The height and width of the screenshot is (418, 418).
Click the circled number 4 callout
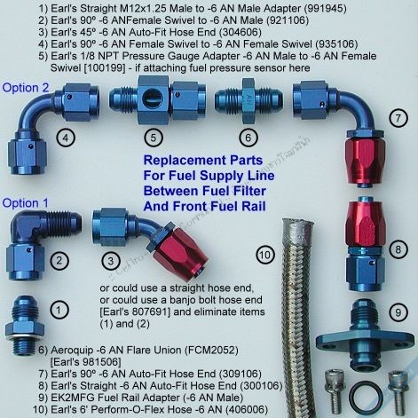click(x=66, y=138)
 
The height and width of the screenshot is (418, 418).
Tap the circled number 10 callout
click(x=264, y=255)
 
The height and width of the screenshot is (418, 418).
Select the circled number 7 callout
click(x=398, y=118)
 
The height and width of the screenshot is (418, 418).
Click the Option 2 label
click(x=26, y=88)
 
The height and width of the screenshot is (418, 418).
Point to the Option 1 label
click(x=25, y=203)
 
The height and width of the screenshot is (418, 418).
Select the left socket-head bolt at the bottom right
click(x=335, y=390)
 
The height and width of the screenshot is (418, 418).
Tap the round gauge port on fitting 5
click(x=153, y=99)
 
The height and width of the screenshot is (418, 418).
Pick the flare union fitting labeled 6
click(x=248, y=100)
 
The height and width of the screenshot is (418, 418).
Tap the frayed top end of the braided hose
click(x=297, y=225)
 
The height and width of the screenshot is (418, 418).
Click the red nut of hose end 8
click(x=365, y=222)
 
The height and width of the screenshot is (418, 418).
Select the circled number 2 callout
click(x=59, y=261)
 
